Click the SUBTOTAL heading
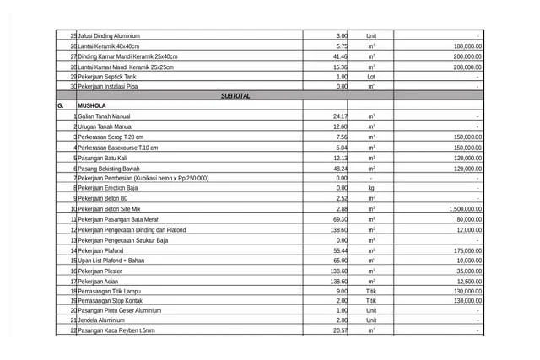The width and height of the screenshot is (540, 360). tap(235, 96)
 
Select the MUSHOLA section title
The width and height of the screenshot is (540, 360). tap(91, 106)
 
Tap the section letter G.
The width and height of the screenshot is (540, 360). tap(60, 106)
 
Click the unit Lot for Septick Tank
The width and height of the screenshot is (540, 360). tap(371, 76)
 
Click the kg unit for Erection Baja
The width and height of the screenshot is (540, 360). tap(371, 188)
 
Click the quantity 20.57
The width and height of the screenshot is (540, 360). tap(341, 330)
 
